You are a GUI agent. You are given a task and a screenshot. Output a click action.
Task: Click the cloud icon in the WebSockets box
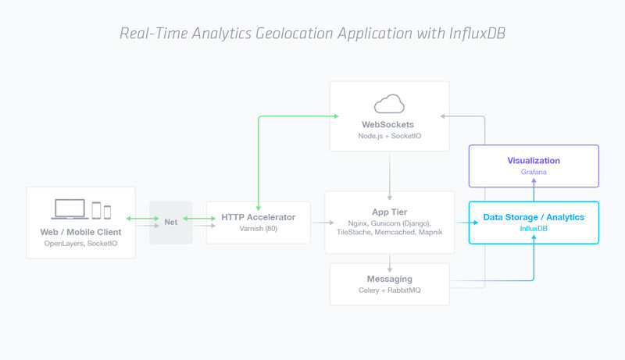(x=389, y=103)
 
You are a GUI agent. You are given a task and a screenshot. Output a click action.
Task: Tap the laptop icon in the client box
(x=70, y=209)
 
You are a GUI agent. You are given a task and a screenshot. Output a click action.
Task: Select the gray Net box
(x=170, y=222)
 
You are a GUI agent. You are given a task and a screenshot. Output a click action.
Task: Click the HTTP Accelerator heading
(x=258, y=216)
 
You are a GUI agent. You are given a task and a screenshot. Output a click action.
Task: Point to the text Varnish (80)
(x=258, y=229)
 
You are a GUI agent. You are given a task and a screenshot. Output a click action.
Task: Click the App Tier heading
(x=389, y=212)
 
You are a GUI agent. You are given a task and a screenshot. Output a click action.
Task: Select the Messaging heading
(x=389, y=279)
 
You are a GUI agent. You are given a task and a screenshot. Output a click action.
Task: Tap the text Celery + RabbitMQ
(x=389, y=291)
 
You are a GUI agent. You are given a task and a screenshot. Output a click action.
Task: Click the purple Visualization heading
(x=534, y=160)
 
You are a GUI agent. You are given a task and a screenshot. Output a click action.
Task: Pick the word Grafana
(x=534, y=173)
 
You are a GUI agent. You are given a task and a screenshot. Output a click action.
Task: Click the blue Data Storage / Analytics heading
(x=534, y=216)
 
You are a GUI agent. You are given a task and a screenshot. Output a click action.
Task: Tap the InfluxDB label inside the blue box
(x=534, y=229)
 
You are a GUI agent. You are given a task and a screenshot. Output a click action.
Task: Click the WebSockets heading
(x=389, y=124)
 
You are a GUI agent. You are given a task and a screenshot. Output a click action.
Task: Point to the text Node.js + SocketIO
(x=389, y=137)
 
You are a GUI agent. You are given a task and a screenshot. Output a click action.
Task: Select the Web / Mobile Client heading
(x=80, y=232)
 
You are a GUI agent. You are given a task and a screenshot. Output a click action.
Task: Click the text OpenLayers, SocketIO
(x=80, y=244)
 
